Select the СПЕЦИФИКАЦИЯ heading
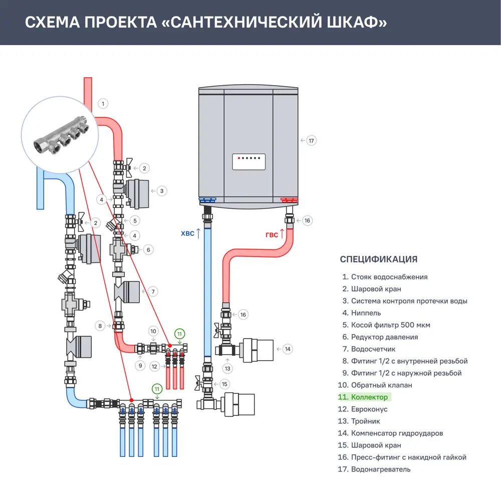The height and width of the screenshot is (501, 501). pyautogui.click(x=378, y=259)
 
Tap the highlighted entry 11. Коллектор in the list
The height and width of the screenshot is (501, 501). pyautogui.click(x=364, y=397)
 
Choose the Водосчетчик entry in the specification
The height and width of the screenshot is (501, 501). pyautogui.click(x=374, y=349)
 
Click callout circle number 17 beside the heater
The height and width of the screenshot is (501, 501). pyautogui.click(x=311, y=141)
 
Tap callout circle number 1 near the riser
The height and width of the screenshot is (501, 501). pyautogui.click(x=103, y=104)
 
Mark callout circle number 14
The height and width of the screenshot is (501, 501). pyautogui.click(x=287, y=349)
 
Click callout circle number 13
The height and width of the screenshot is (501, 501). pyautogui.click(x=228, y=368)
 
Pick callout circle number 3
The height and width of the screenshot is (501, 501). pyautogui.click(x=161, y=190)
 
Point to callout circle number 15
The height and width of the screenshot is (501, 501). pyautogui.click(x=224, y=384)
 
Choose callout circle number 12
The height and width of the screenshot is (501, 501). pyautogui.click(x=154, y=366)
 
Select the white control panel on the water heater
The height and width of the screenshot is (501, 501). pyautogui.click(x=248, y=162)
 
